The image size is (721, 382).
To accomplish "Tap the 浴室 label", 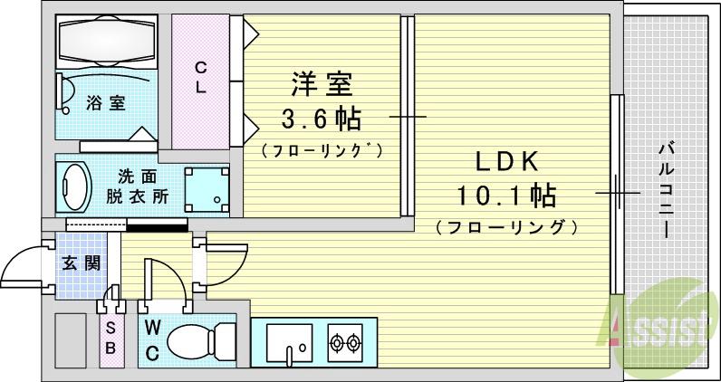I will (106, 103).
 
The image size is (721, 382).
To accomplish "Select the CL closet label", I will (200, 77).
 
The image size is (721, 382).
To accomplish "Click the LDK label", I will (507, 161).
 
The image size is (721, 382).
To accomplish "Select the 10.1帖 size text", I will (507, 194).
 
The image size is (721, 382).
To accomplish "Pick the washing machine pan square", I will (207, 186).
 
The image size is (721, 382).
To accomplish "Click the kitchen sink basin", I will (290, 343).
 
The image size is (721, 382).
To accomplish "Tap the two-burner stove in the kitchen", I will (345, 343).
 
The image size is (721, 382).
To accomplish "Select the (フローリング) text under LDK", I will (507, 227).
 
